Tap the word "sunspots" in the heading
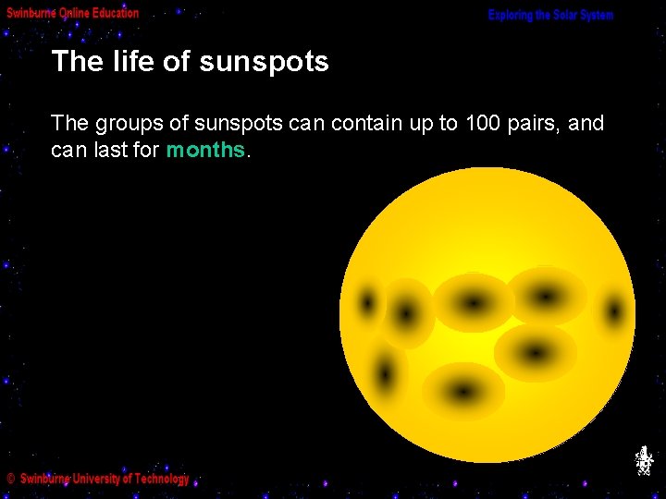(x=264, y=63)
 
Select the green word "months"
(x=205, y=150)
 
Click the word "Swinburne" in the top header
(x=31, y=13)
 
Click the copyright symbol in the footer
(x=10, y=479)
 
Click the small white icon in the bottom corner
(x=644, y=460)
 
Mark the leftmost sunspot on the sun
(x=368, y=302)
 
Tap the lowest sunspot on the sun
(x=463, y=391)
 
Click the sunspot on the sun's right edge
(x=614, y=310)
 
